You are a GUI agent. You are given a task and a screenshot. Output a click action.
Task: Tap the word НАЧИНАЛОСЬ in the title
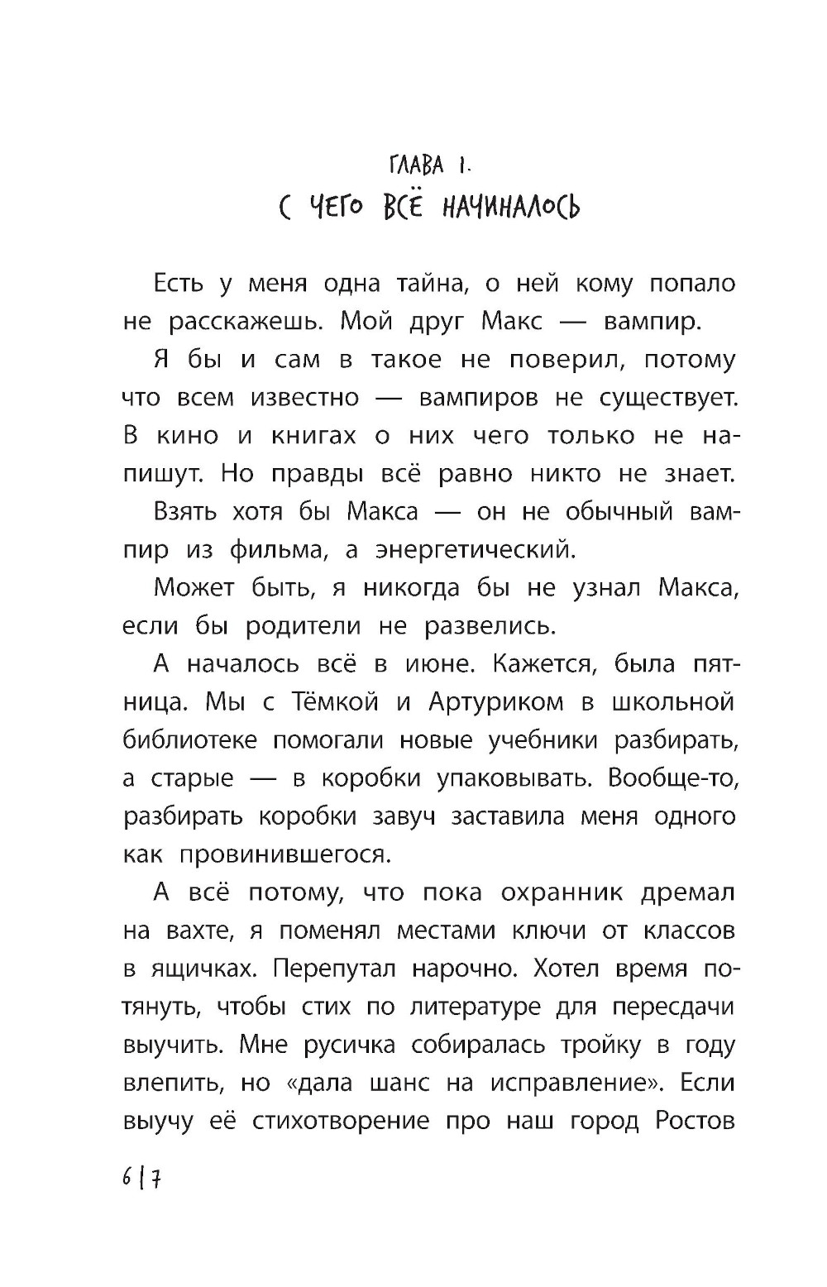click(511, 206)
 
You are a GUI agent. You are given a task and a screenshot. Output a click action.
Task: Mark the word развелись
click(490, 626)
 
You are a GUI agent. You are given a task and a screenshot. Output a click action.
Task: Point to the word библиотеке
click(189, 740)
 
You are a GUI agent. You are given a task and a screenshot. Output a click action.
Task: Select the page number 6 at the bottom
click(127, 1177)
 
